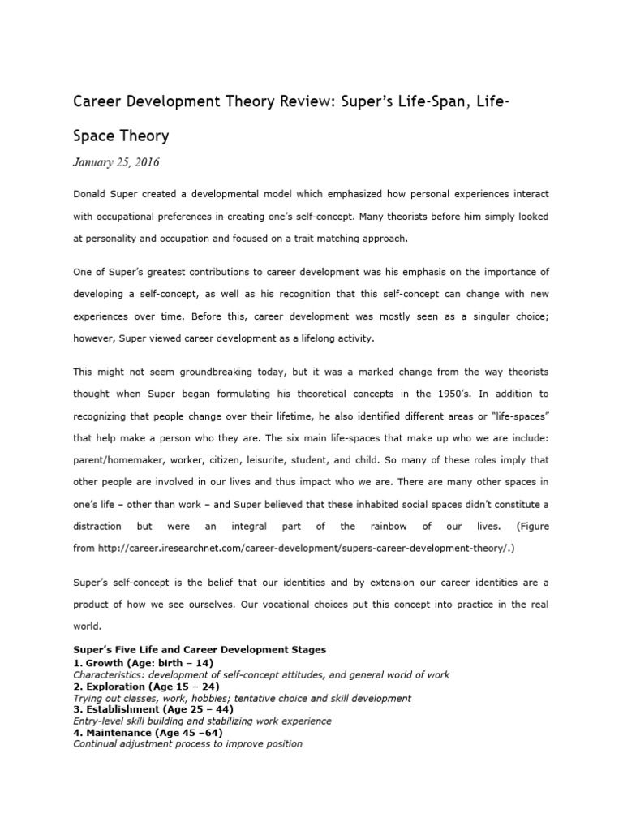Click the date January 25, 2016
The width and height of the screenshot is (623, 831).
pos(116,162)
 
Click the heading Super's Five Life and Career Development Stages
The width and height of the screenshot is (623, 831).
pos(200,650)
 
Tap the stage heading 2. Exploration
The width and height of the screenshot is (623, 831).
pos(111,686)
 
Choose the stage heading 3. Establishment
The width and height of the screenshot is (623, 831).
pos(117,709)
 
